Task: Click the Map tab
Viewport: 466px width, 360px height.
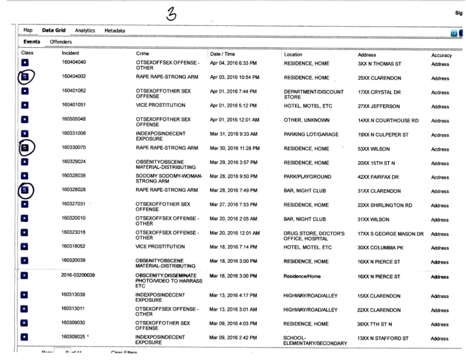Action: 28,30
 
